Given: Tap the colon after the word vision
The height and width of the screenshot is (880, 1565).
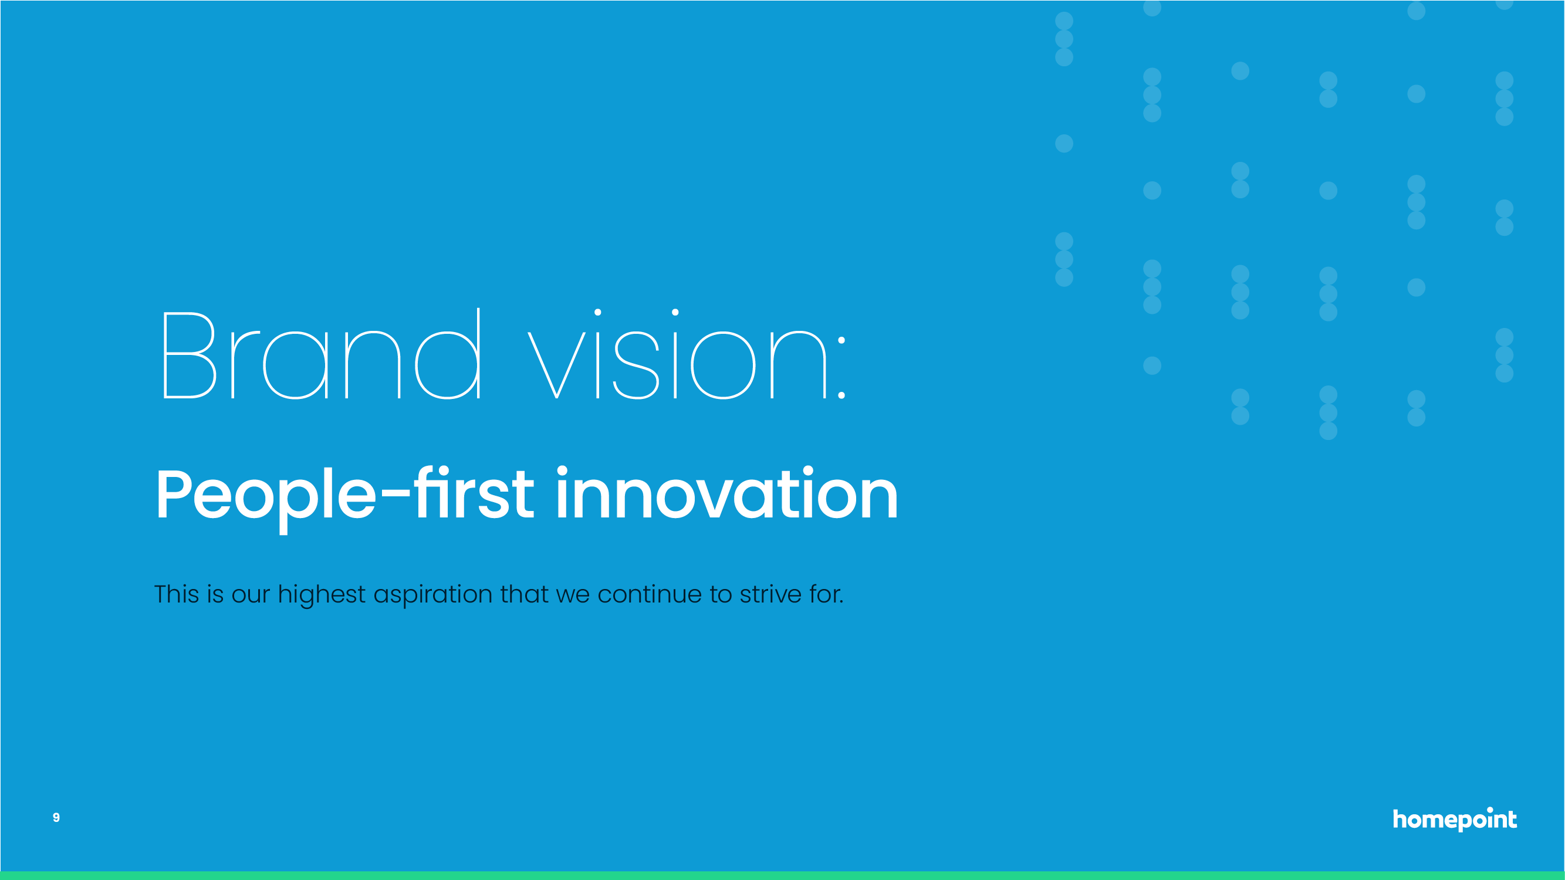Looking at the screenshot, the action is click(841, 368).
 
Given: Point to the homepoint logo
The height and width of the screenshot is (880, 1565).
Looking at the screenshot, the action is click(1455, 818).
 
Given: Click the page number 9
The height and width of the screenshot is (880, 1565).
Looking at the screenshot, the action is click(56, 817).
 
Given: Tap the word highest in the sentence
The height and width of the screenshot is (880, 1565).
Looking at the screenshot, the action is click(322, 594).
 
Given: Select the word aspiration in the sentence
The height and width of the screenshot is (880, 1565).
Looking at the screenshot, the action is click(433, 594).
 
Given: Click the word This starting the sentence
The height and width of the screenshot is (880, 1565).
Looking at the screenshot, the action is click(177, 594).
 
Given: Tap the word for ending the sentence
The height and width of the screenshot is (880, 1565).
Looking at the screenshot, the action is click(826, 594).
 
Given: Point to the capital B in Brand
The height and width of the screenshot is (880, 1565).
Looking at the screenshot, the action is click(190, 356).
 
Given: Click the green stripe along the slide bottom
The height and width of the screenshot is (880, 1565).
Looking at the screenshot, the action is click(783, 876).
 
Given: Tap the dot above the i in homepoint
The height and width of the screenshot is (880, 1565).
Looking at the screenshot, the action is click(1490, 810).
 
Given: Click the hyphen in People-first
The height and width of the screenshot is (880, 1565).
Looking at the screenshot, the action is click(395, 497).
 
